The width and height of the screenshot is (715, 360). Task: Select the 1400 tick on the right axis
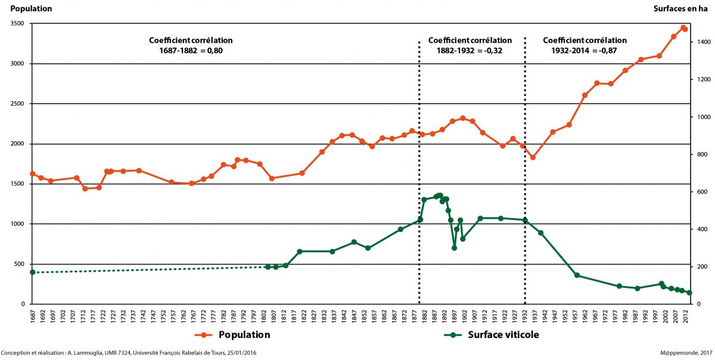[701, 42]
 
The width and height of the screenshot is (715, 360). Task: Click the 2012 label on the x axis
[686, 315]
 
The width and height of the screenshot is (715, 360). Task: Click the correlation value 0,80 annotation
[215, 51]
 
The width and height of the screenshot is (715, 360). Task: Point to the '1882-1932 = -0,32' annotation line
[470, 51]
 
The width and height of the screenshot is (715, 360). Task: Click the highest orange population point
[683, 27]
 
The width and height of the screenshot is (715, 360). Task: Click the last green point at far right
[689, 293]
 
